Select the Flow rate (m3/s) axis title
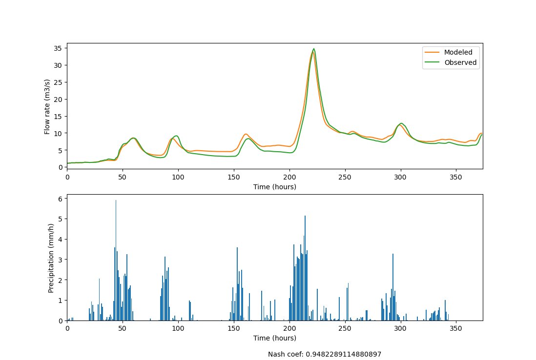(x=47, y=105)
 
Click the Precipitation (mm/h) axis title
(x=51, y=258)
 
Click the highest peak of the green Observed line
(x=313, y=49)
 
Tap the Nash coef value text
(x=324, y=355)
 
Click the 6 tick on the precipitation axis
(x=62, y=199)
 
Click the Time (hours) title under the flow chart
(x=275, y=187)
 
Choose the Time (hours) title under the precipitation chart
(x=275, y=338)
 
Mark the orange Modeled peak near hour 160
(x=246, y=134)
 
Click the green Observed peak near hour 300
(x=401, y=123)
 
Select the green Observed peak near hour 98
(x=176, y=136)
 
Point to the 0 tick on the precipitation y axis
(x=62, y=320)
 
